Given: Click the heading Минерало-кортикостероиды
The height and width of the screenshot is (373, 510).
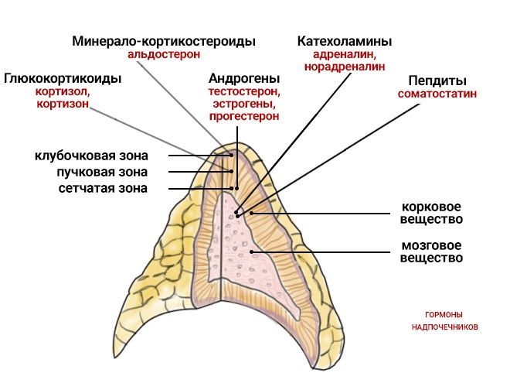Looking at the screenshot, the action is click(x=164, y=41).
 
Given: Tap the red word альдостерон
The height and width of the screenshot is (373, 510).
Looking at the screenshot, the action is click(x=164, y=54).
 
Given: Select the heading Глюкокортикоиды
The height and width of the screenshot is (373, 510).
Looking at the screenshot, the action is click(x=63, y=78).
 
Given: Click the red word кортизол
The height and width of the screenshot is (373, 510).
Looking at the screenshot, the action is click(x=63, y=92).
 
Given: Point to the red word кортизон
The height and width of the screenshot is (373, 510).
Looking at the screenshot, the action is click(x=63, y=104).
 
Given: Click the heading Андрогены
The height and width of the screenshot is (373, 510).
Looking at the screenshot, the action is click(x=244, y=78).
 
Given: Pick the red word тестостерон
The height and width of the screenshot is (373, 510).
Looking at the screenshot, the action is click(x=244, y=91).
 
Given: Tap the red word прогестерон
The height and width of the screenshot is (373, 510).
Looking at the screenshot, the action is click(x=244, y=116).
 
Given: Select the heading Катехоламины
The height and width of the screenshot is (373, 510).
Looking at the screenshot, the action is click(x=345, y=41).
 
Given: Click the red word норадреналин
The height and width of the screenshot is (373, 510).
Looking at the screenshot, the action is click(x=345, y=67).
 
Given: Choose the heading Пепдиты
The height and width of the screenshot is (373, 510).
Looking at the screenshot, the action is click(x=437, y=80).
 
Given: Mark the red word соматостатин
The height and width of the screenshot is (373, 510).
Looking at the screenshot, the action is click(x=437, y=94).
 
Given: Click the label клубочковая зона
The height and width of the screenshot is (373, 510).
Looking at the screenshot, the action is click(x=91, y=156).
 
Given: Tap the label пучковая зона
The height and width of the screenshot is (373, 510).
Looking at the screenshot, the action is click(x=102, y=172).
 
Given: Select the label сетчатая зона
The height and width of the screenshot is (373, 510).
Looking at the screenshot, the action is click(x=103, y=188).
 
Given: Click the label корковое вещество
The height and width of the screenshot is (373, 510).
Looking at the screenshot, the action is click(x=431, y=213).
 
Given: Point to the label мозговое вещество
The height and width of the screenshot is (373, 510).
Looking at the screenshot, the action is click(x=431, y=252).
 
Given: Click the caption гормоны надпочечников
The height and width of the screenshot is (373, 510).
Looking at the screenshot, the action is click(x=444, y=321).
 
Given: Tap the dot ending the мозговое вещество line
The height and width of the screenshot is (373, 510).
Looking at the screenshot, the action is click(x=251, y=252).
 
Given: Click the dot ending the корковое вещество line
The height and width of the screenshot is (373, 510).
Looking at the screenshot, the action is click(x=251, y=213).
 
